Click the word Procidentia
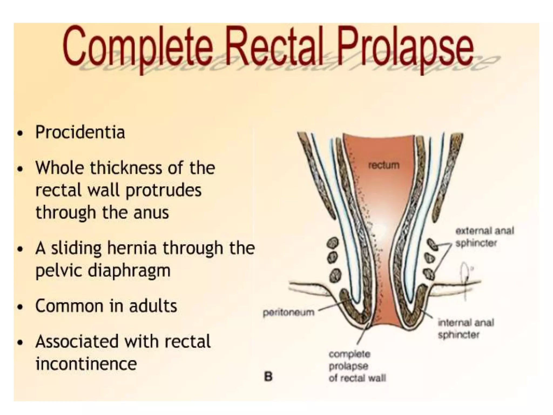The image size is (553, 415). click(x=80, y=132)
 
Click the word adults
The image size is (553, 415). click(x=153, y=306)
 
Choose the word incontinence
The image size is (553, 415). click(x=86, y=364)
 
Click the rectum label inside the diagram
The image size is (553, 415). click(x=384, y=165)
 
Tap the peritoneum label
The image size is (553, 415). click(x=289, y=312)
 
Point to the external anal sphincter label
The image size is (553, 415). click(x=484, y=237)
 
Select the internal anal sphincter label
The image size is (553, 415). click(x=466, y=329)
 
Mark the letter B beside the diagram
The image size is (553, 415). click(x=268, y=376)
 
